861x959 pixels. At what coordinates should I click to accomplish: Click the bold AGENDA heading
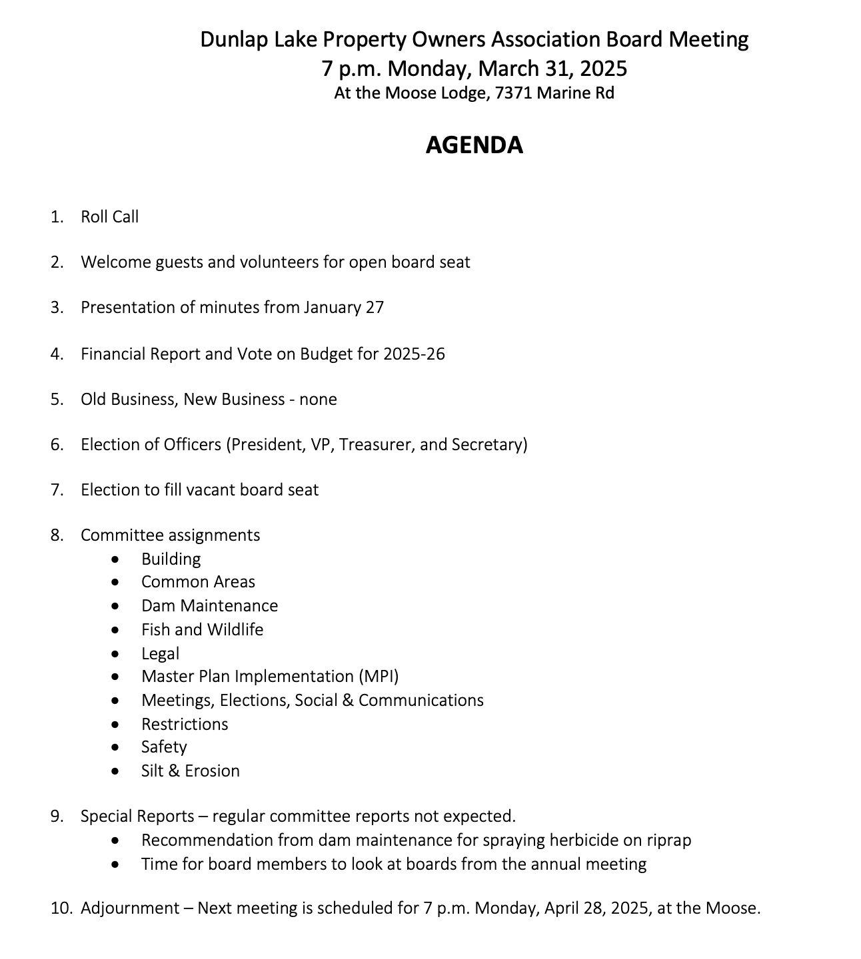[x=474, y=145]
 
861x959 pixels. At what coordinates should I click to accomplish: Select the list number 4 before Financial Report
[x=56, y=354]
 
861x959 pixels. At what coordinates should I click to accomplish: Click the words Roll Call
[x=110, y=217]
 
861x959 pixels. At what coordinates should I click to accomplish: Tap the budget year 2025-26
[x=414, y=354]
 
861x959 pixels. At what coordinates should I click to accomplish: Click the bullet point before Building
[x=117, y=559]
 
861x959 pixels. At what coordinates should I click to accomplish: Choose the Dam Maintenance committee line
[x=209, y=606]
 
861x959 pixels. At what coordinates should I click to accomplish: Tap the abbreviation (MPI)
[x=379, y=677]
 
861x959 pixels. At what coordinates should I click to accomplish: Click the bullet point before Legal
[x=117, y=654]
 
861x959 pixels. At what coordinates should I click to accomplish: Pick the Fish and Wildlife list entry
[x=202, y=630]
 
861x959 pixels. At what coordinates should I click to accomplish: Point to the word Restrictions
[x=185, y=725]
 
